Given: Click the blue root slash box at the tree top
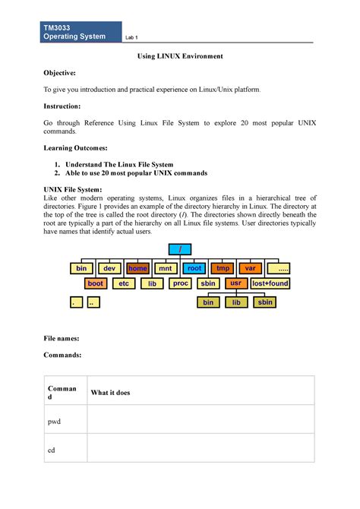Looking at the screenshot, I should click(179, 251).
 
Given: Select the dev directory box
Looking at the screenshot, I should click(109, 268).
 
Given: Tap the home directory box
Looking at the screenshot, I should click(138, 268).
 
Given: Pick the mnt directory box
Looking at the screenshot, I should click(165, 268).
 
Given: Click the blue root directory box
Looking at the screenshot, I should click(195, 268).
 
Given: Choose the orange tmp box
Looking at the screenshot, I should click(223, 268).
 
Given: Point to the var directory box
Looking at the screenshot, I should click(249, 268).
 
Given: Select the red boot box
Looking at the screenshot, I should click(96, 283).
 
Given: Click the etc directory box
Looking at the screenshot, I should click(123, 283).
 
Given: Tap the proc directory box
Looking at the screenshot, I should click(180, 283).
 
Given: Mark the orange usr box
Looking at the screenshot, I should click(235, 283).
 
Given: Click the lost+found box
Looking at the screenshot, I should click(270, 283).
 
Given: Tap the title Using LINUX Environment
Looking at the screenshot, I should click(179, 57).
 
